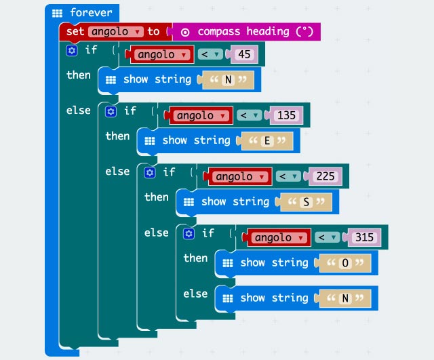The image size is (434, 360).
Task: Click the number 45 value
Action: (245, 54)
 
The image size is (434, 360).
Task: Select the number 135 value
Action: (286, 115)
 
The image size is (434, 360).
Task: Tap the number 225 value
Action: (325, 176)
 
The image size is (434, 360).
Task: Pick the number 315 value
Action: (365, 237)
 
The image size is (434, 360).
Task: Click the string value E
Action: (267, 141)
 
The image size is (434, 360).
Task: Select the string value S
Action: (307, 202)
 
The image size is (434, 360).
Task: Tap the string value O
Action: (345, 263)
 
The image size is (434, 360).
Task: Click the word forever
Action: (91, 13)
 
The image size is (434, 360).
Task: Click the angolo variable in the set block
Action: (115, 32)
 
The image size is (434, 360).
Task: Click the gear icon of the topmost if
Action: (72, 50)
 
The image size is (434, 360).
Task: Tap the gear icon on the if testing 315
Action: (189, 233)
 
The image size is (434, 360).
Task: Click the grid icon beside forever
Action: (58, 13)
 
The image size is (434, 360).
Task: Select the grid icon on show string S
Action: (189, 202)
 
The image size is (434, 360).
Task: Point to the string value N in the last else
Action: (345, 298)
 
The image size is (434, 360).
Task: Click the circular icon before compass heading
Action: (184, 32)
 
